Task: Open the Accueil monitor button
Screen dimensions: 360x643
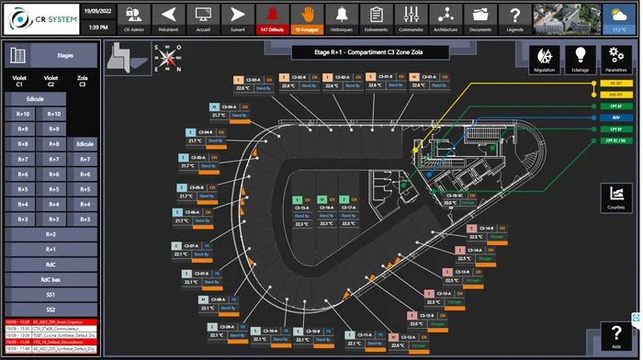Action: click(203, 17)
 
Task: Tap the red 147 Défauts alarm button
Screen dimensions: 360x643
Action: click(270, 17)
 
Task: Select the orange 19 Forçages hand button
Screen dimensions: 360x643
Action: click(307, 17)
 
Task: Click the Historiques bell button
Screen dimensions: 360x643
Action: click(341, 17)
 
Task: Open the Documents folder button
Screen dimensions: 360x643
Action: click(479, 17)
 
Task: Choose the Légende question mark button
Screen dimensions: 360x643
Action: click(515, 17)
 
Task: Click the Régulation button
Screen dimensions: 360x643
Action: click(544, 58)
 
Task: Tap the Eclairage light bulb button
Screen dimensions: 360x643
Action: click(580, 58)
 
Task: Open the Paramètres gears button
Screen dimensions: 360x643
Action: click(615, 58)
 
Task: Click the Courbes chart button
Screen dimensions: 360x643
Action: click(615, 197)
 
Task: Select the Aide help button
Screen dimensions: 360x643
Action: click(615, 336)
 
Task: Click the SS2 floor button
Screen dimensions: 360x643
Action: click(51, 309)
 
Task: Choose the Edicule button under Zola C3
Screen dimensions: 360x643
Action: click(85, 143)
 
